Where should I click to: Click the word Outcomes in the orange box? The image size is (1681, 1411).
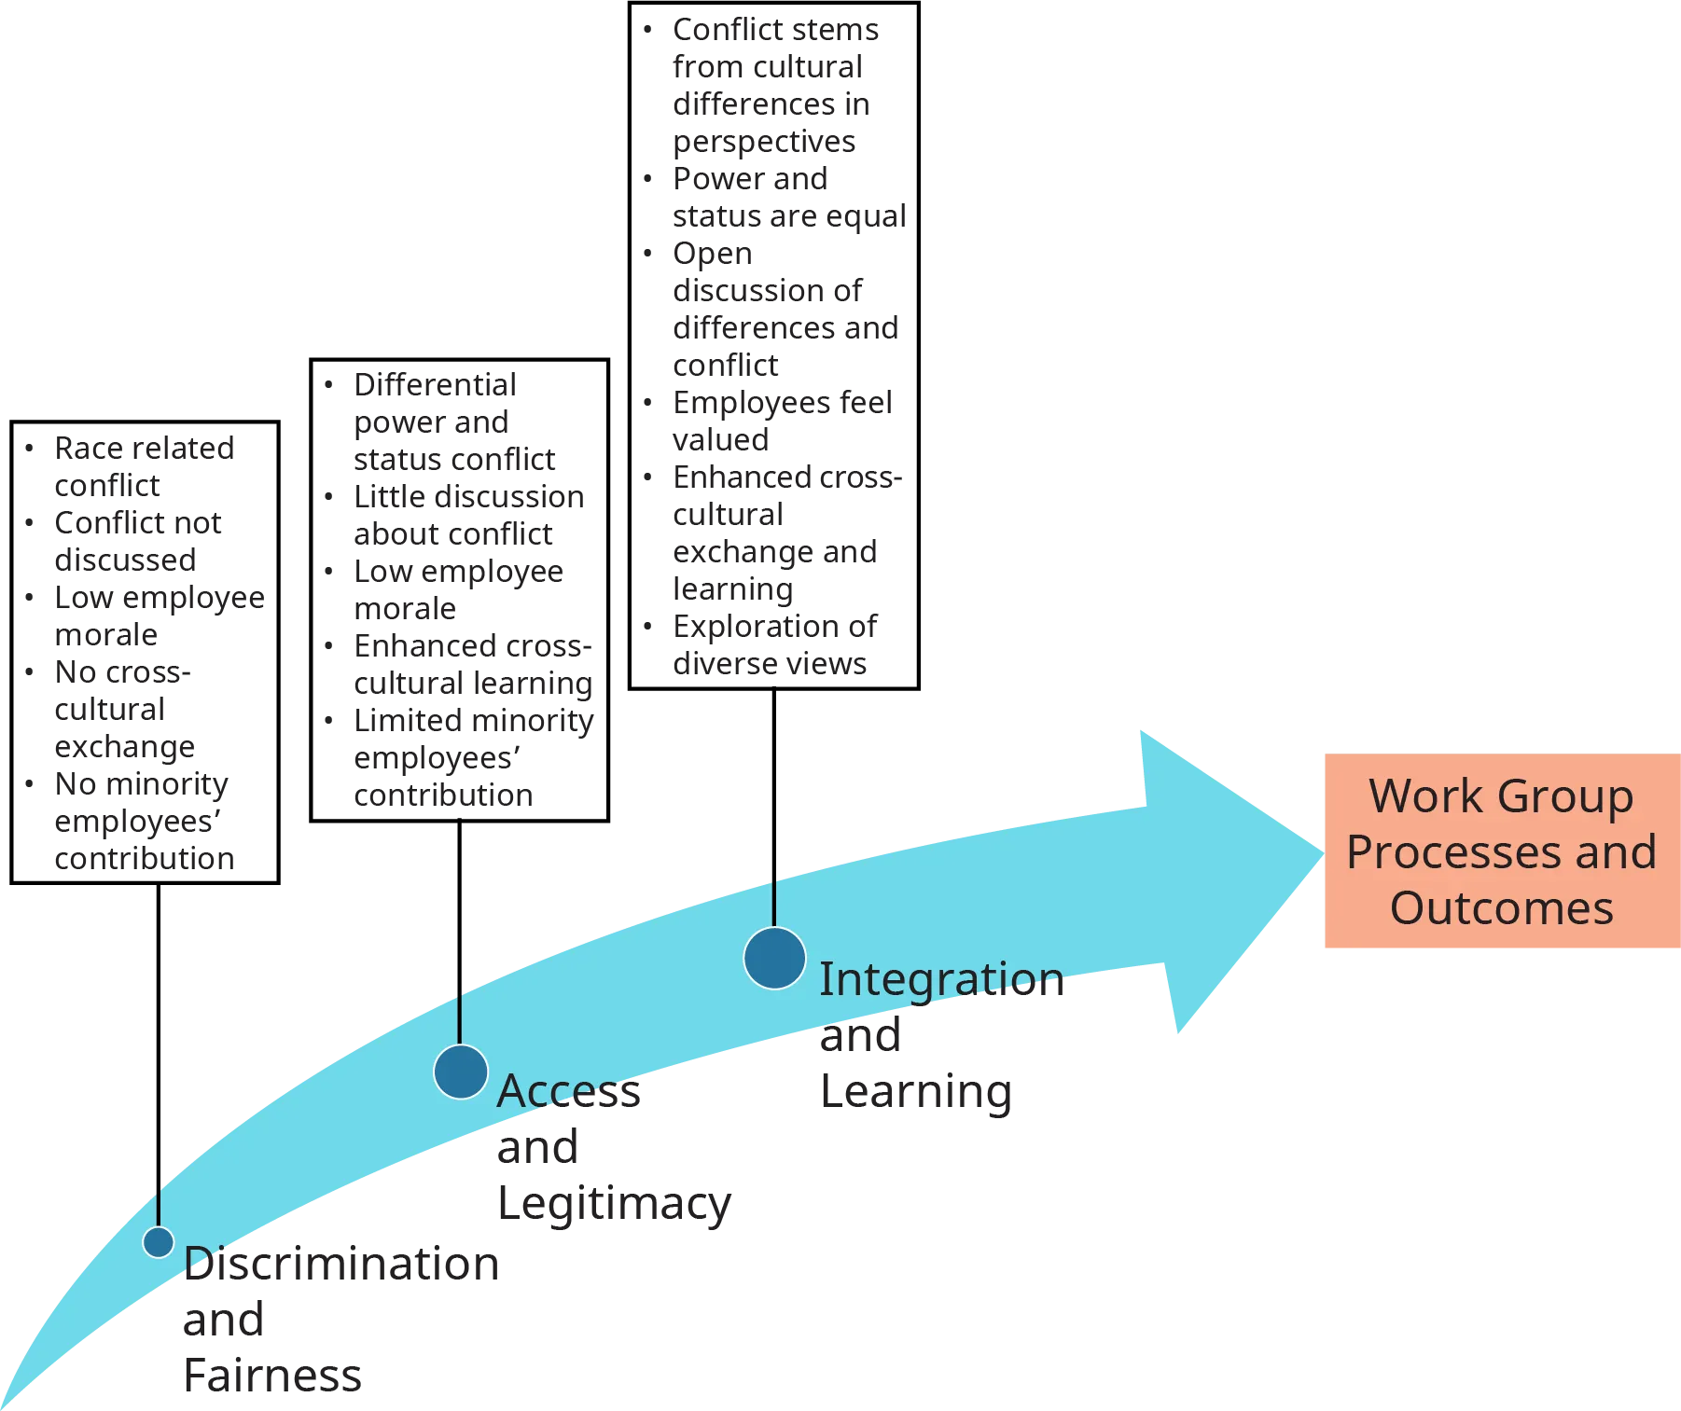[x=1501, y=908]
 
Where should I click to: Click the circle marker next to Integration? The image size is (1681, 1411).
[x=774, y=958]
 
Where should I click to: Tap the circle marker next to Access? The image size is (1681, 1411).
[x=461, y=1072]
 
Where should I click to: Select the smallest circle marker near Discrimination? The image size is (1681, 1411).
[x=159, y=1242]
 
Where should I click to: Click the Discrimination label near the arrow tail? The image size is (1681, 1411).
[x=341, y=1265]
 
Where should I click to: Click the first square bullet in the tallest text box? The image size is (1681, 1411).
[x=650, y=30]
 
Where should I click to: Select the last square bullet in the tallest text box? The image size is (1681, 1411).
[x=650, y=627]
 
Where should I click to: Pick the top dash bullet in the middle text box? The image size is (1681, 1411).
[x=328, y=384]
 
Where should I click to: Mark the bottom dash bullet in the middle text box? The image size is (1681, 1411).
[x=328, y=720]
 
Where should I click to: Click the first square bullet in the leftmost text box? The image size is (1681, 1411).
[x=30, y=448]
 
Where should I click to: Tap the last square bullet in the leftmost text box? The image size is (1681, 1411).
[x=30, y=783]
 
